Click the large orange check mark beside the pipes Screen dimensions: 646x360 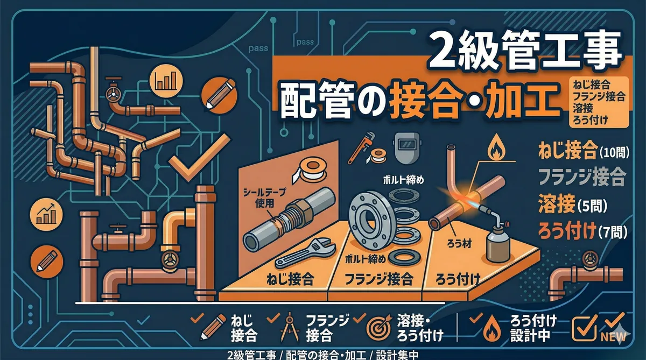(199, 158)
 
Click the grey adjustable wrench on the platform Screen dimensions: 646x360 (305, 253)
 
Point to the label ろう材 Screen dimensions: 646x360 (459, 244)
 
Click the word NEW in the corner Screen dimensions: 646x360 (613, 336)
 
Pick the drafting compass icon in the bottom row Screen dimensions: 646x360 (289, 329)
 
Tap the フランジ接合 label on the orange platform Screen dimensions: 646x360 (379, 279)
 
